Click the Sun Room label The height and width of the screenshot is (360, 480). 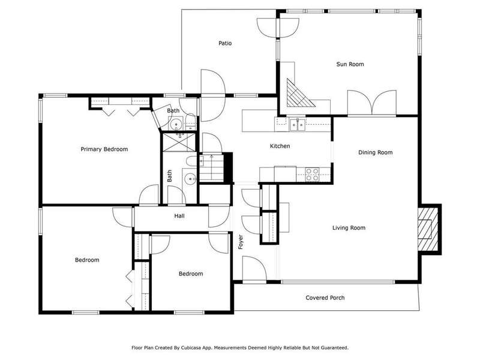(x=350, y=64)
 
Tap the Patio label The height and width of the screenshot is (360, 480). (x=225, y=43)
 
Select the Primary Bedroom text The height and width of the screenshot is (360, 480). (x=104, y=149)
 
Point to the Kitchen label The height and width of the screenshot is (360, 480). (x=280, y=146)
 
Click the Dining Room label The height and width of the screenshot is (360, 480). (x=376, y=152)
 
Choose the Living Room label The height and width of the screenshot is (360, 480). (x=349, y=228)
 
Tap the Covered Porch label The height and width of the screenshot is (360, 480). (x=325, y=298)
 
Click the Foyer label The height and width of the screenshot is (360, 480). (x=241, y=242)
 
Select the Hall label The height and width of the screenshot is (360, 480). (x=179, y=216)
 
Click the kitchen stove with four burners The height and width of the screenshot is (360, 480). (x=312, y=174)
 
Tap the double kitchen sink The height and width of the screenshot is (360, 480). (x=297, y=125)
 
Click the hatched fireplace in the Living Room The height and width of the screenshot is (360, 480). (x=428, y=229)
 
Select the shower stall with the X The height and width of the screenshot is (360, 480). (x=179, y=142)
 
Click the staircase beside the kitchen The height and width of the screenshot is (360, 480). (x=212, y=169)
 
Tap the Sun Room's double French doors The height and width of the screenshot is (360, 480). (x=371, y=103)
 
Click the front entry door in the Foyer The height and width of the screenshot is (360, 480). (x=254, y=268)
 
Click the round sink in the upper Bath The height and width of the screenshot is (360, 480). (x=176, y=125)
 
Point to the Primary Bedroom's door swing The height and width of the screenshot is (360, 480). (x=149, y=194)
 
